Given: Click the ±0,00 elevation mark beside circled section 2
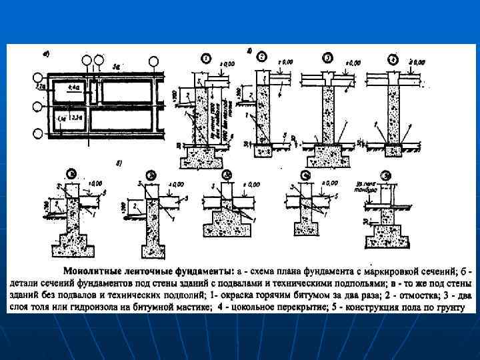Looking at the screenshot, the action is [x=286, y=62].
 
